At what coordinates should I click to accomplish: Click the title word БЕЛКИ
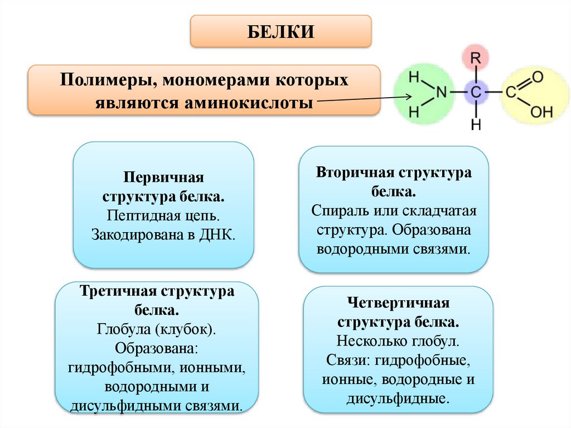[x=281, y=31]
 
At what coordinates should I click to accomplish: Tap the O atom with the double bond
[x=538, y=76]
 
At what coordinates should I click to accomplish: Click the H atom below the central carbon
[x=476, y=125]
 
